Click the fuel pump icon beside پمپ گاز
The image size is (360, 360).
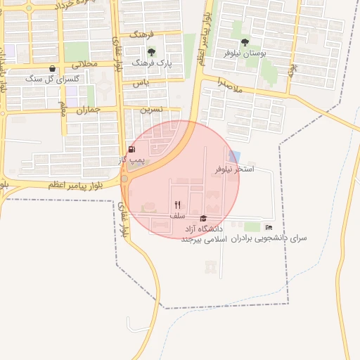pos(131,149)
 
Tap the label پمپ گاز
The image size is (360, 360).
pos(131,160)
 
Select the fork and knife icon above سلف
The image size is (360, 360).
pos(177,205)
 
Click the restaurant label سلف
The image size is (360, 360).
pos(177,216)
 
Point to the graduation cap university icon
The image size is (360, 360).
pos(203,219)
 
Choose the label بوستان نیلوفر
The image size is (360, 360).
pos(243,53)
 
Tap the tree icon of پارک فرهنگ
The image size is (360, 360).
pos(151,52)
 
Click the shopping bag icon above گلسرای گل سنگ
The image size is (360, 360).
pos(53,68)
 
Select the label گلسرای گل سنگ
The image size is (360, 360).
pos(53,79)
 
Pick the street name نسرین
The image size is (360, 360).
pos(151,110)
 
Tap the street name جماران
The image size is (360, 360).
pos(89,110)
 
